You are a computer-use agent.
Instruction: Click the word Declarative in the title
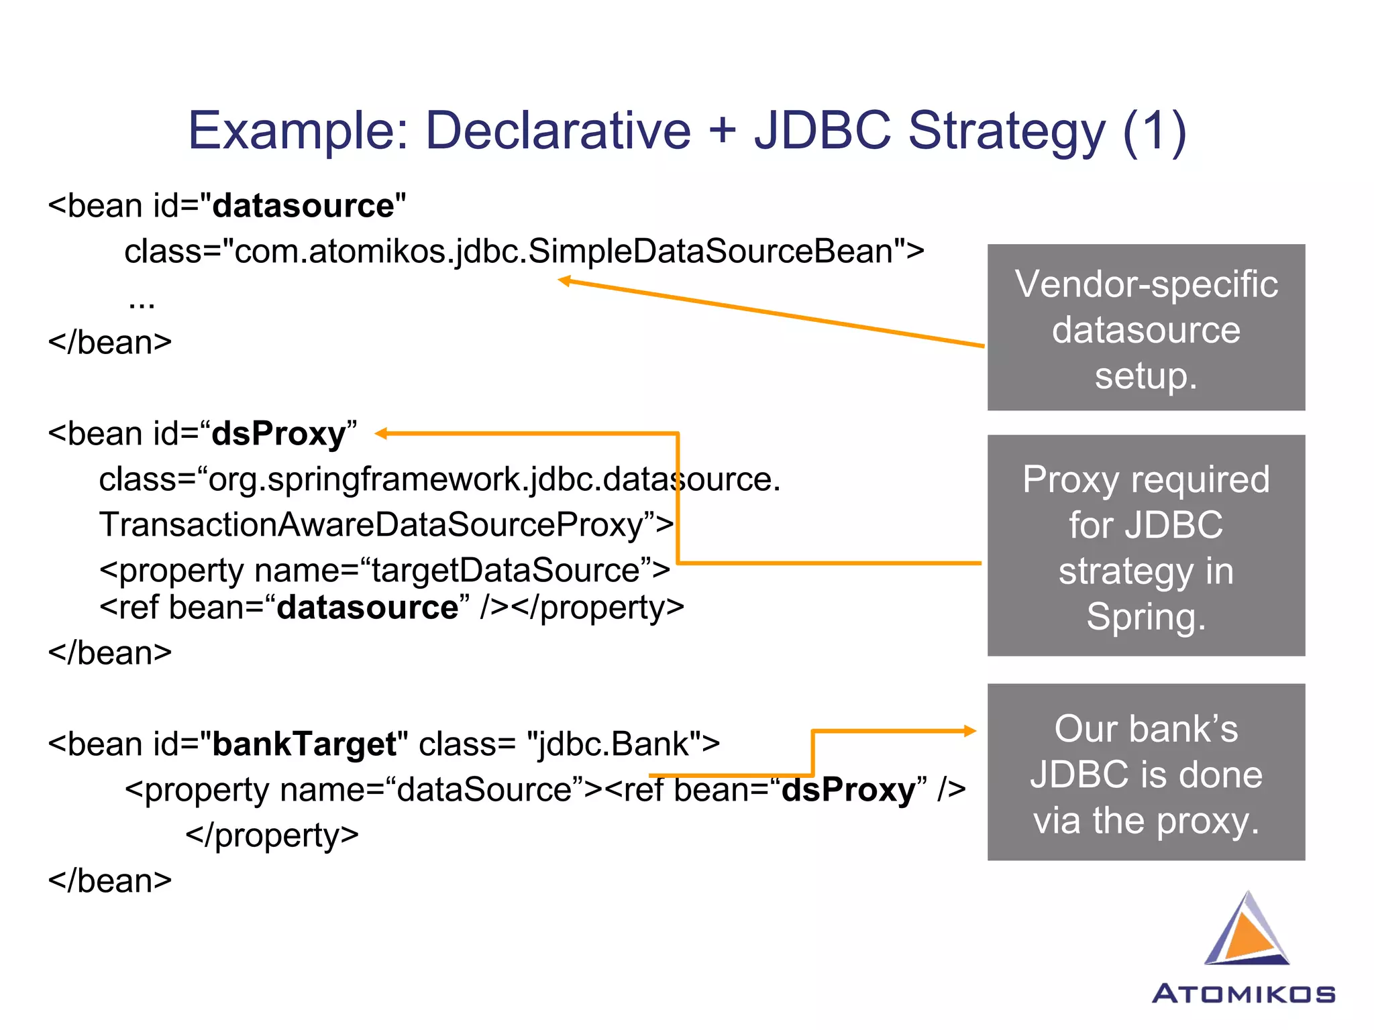pyautogui.click(x=558, y=130)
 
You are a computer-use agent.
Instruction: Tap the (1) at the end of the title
pyautogui.click(x=1154, y=131)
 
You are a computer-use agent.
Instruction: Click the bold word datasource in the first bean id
pyautogui.click(x=303, y=206)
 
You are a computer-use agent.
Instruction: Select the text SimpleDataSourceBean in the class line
pyautogui.click(x=710, y=251)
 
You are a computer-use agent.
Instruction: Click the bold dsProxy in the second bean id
pyautogui.click(x=278, y=434)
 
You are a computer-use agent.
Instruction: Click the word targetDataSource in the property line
pyautogui.click(x=505, y=571)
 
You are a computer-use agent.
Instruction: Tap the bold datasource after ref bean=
pyautogui.click(x=368, y=608)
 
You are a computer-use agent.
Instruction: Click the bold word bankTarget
pyautogui.click(x=304, y=744)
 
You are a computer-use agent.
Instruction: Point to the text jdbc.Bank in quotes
pyautogui.click(x=613, y=744)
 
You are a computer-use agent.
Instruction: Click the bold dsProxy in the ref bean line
pyautogui.click(x=848, y=790)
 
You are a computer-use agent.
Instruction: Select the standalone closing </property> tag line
pyautogui.click(x=272, y=836)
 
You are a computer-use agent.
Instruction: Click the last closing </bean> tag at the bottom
pyautogui.click(x=109, y=881)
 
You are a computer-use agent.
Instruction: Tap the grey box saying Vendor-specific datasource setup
pyautogui.click(x=1145, y=327)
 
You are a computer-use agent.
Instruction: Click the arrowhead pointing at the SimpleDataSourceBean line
pyautogui.click(x=565, y=280)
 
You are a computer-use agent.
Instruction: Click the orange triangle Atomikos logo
pyautogui.click(x=1246, y=931)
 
